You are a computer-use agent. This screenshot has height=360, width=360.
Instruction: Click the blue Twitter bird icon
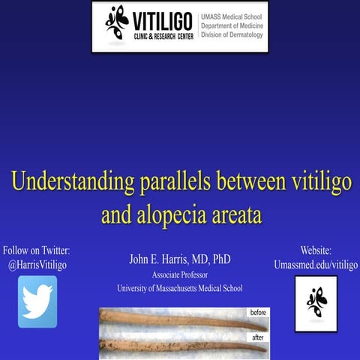(x=37, y=301)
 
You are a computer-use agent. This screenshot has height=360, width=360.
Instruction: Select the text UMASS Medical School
(x=232, y=16)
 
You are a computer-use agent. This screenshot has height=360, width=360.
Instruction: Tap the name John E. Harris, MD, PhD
(x=180, y=259)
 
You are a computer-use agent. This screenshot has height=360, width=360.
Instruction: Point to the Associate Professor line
(x=180, y=274)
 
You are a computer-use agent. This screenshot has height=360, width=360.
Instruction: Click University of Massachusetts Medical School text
(x=180, y=288)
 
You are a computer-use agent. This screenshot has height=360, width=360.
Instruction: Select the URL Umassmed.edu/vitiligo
(x=316, y=265)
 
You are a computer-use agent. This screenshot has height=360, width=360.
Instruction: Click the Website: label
(x=316, y=250)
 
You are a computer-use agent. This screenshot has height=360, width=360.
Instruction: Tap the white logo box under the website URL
(x=316, y=302)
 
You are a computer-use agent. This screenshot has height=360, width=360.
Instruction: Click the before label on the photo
(x=258, y=312)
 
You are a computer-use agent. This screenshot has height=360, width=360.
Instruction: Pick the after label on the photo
(x=258, y=337)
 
